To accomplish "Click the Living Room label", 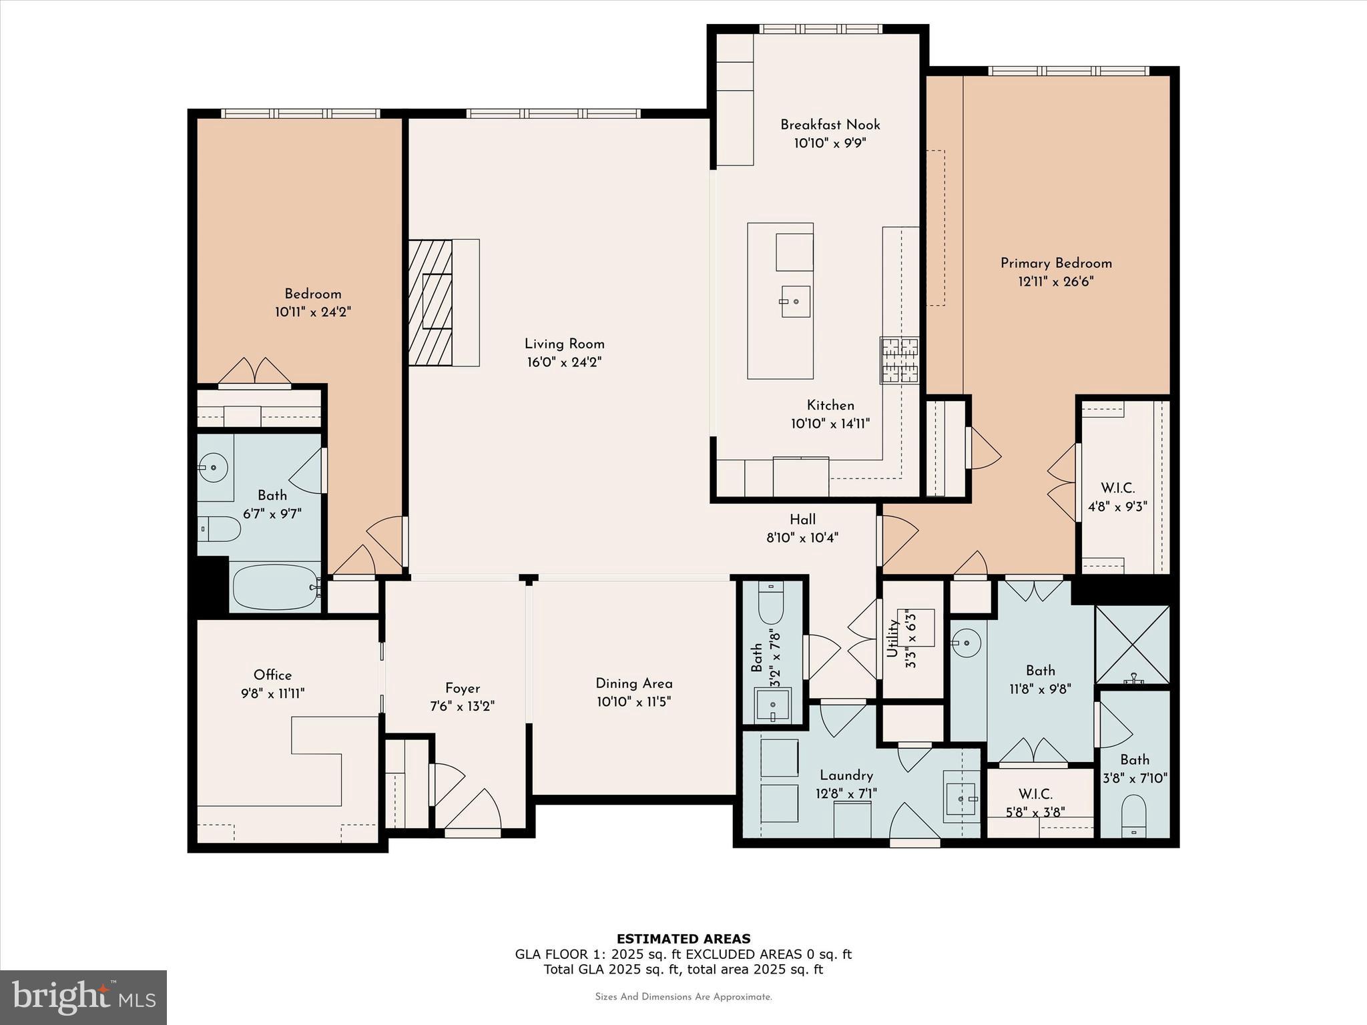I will (564, 344).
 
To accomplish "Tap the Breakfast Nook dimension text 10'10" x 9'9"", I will (830, 143).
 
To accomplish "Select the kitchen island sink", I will (796, 302).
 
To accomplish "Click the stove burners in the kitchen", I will (899, 360).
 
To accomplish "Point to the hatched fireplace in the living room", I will (431, 302).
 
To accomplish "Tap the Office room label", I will (272, 675).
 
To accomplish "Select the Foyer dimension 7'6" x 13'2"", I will (462, 706).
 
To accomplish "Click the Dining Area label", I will (633, 683).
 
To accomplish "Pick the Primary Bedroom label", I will (1055, 263).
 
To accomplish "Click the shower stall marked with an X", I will (1133, 644).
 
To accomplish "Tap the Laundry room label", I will (846, 775).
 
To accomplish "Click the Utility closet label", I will (892, 639).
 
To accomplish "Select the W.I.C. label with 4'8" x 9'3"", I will (1117, 488).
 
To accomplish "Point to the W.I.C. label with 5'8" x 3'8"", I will (1035, 795).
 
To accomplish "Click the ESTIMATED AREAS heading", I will (683, 939).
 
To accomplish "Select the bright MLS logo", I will (83, 998).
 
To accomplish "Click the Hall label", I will (802, 519).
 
